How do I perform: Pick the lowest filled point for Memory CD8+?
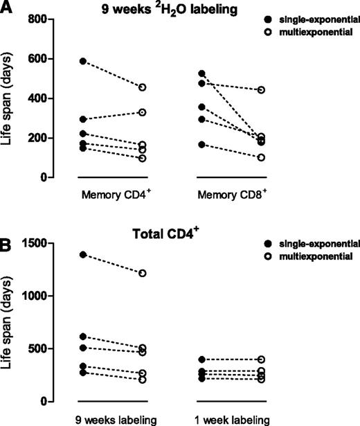pos(202,144)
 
